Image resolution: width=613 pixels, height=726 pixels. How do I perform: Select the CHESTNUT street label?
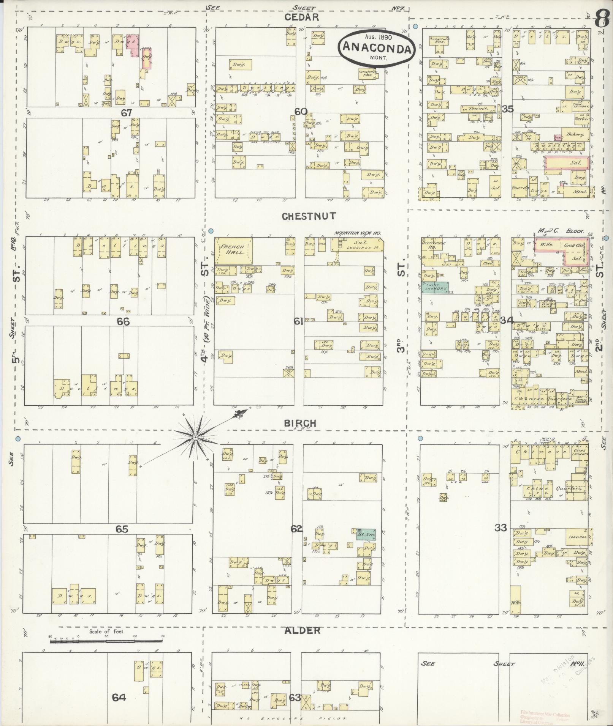tap(309, 216)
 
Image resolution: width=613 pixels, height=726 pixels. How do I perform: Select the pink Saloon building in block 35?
tap(567, 162)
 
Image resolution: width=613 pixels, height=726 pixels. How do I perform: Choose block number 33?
tap(501, 528)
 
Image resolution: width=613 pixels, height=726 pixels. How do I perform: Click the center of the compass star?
tap(195, 438)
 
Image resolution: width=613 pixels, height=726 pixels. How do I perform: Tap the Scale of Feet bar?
tap(106, 641)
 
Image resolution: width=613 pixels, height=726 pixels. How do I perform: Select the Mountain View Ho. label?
tap(357, 233)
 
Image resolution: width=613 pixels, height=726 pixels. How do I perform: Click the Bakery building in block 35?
tap(574, 134)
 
